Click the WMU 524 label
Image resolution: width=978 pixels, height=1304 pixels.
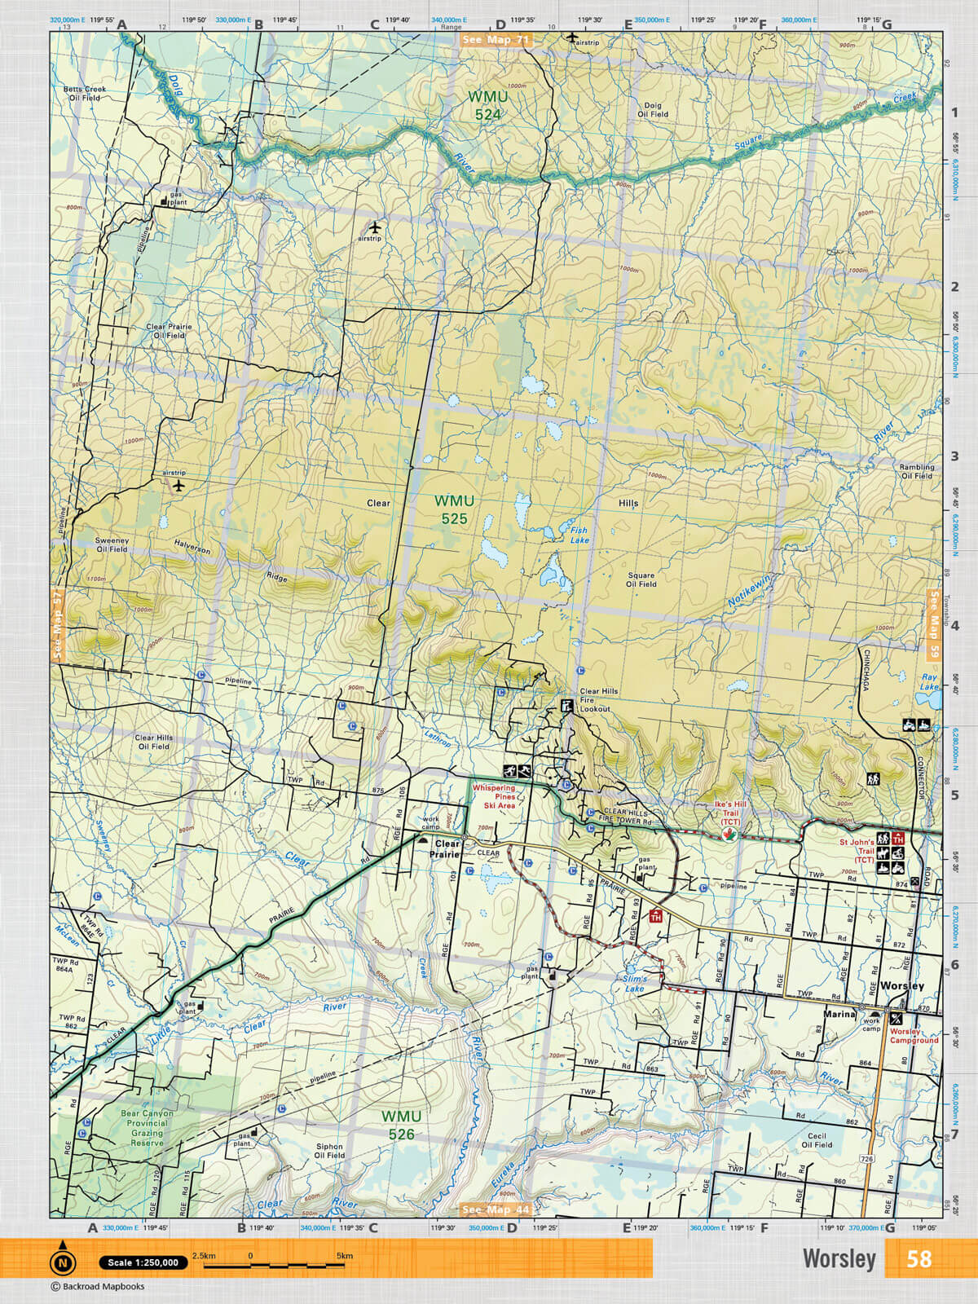pyautogui.click(x=487, y=106)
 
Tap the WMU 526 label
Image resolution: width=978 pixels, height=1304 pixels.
pyautogui.click(x=401, y=1125)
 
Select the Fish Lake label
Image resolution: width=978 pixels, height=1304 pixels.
pyautogui.click(x=579, y=535)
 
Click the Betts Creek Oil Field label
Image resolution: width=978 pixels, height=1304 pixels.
pyautogui.click(x=85, y=94)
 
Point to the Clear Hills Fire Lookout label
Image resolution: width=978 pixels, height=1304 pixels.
pyautogui.click(x=599, y=700)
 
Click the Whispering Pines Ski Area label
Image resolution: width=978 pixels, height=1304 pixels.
pyautogui.click(x=494, y=796)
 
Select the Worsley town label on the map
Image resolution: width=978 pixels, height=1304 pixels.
pyautogui.click(x=902, y=986)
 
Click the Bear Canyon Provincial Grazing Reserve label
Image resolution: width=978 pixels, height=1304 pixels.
pyautogui.click(x=147, y=1128)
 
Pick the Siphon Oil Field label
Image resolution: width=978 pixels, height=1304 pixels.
pyautogui.click(x=330, y=1151)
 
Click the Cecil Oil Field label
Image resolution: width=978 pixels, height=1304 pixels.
pyautogui.click(x=817, y=1140)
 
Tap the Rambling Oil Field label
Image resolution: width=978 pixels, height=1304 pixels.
pyautogui.click(x=917, y=472)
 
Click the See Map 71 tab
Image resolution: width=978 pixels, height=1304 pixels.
pyautogui.click(x=496, y=39)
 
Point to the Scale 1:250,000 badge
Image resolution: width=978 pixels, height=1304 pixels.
pyautogui.click(x=143, y=1262)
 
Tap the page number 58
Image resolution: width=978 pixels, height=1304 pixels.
pyautogui.click(x=919, y=1259)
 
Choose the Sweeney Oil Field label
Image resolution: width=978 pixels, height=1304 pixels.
pyautogui.click(x=112, y=544)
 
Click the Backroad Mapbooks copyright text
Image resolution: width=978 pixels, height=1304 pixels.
pyautogui.click(x=98, y=1287)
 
